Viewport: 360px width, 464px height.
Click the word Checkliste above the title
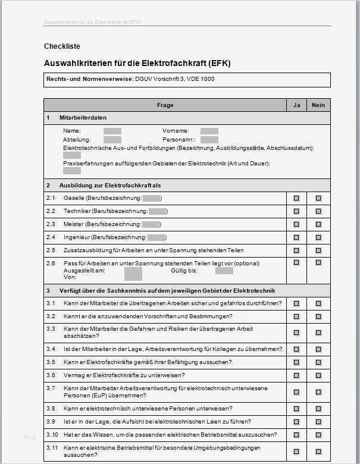[62, 46]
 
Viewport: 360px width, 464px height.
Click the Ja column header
[296, 105]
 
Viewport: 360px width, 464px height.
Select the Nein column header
[318, 105]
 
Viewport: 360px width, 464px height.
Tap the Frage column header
[165, 105]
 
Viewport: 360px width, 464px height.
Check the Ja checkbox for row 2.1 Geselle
[296, 198]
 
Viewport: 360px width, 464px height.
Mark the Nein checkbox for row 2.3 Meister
[318, 224]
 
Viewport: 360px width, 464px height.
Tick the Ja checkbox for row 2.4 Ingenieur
[296, 237]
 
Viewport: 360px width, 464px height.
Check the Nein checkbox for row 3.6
[318, 375]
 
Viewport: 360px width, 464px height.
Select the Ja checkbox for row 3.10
[296, 435]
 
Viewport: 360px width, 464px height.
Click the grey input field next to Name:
[112, 131]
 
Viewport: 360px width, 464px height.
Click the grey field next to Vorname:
[209, 131]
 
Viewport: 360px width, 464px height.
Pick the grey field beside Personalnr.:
[209, 139]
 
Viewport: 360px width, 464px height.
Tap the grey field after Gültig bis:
[224, 271]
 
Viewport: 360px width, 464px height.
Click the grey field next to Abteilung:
[112, 139]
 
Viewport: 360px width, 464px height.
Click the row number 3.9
[51, 421]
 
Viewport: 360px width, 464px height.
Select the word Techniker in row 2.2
[77, 211]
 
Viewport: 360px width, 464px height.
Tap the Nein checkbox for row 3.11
[318, 451]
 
